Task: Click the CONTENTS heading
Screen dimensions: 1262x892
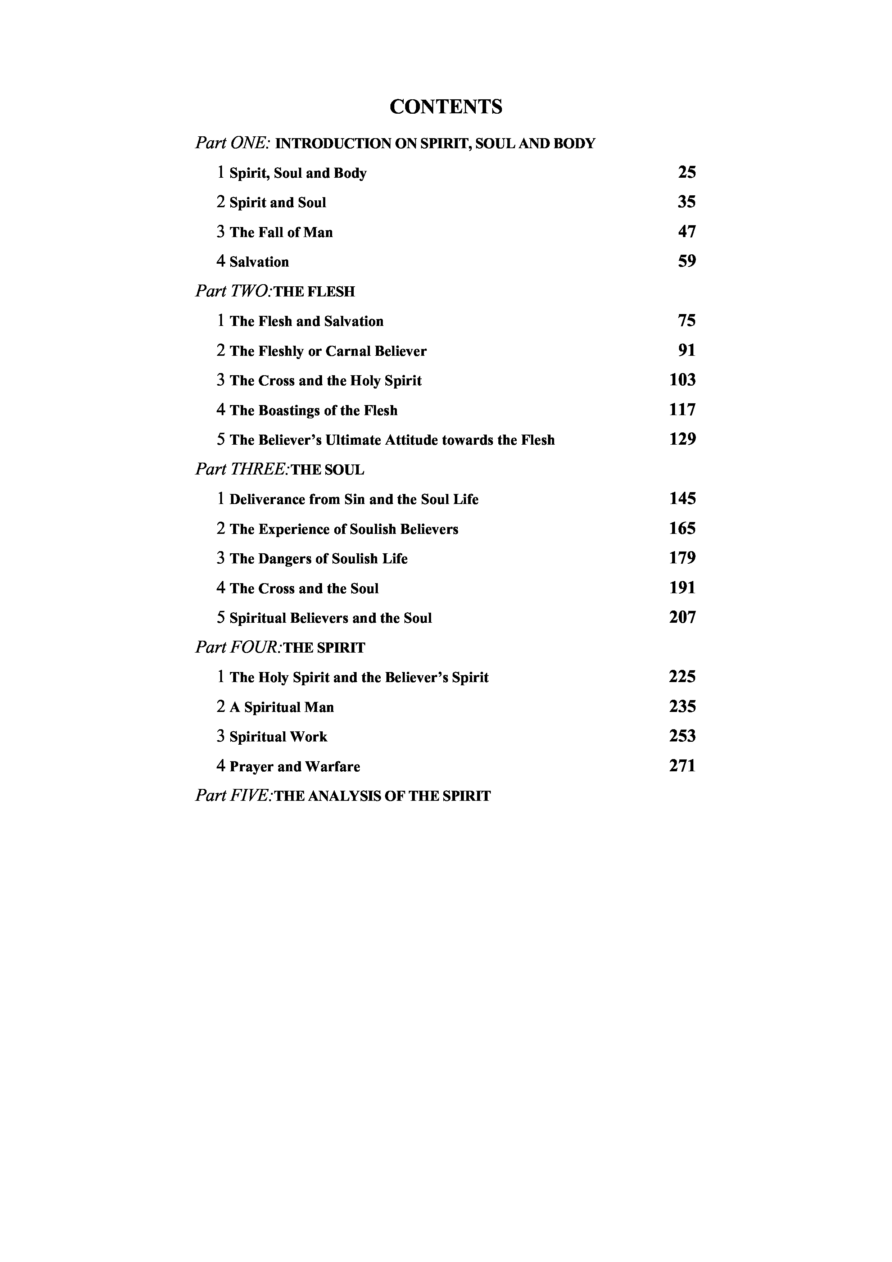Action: click(x=446, y=106)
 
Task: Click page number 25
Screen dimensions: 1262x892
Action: click(x=687, y=173)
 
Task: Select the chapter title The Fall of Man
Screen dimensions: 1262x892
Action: click(x=281, y=232)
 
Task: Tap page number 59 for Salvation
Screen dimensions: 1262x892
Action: click(x=687, y=262)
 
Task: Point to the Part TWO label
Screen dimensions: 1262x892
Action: click(x=233, y=291)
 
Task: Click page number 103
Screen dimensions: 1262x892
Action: click(x=682, y=380)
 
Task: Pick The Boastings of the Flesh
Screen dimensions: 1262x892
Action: click(x=313, y=410)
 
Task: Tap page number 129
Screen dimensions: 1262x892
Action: click(x=682, y=440)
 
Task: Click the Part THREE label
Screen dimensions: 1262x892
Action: click(x=242, y=469)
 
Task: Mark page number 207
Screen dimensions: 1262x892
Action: click(x=682, y=618)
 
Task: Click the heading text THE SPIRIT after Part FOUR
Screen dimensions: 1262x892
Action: click(x=324, y=648)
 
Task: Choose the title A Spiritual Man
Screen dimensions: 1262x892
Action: click(x=281, y=707)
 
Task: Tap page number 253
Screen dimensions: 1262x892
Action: click(x=682, y=736)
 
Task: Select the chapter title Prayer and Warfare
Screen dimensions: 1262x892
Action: click(x=295, y=767)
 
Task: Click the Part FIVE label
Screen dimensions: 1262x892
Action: click(x=233, y=796)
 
